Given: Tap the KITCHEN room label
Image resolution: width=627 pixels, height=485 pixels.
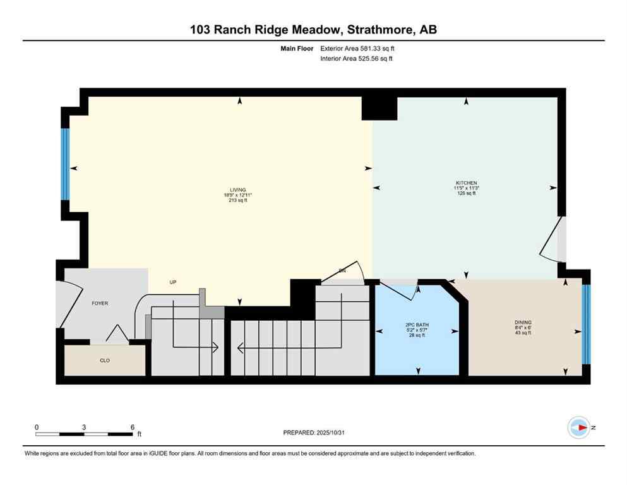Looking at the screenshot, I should point(465,183).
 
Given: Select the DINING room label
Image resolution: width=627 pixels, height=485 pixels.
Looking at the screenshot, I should point(523,322).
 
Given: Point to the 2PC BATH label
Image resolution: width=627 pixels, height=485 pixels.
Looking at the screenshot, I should point(417,326).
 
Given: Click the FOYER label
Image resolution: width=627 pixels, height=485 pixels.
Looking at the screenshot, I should point(100,303).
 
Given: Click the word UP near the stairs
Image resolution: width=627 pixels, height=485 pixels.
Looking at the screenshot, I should point(172,282).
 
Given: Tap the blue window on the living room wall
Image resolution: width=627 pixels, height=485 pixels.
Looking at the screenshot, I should point(64,164).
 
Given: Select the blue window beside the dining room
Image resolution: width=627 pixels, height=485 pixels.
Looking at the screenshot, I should point(585,325).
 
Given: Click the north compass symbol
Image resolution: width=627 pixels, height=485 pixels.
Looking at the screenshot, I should point(578,428).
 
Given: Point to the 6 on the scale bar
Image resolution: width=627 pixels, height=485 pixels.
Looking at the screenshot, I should point(132,427).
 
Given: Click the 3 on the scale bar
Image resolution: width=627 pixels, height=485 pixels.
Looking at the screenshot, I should point(84,427).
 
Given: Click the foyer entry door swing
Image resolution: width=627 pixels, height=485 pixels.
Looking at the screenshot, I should point(68,303).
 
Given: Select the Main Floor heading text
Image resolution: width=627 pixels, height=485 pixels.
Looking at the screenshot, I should point(297,48).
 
